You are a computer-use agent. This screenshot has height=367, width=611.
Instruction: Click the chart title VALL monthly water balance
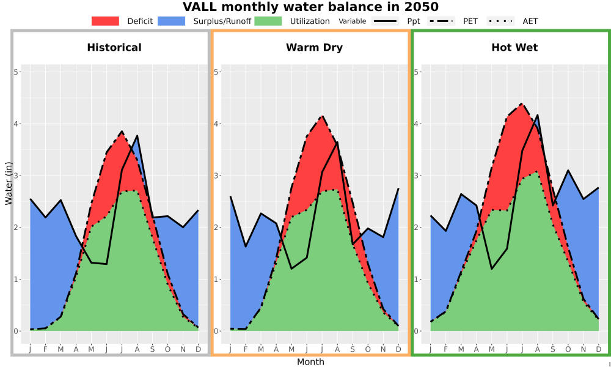(x=310, y=7)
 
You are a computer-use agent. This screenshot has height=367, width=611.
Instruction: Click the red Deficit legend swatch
(x=105, y=21)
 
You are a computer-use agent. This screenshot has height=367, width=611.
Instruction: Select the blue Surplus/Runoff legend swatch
(x=172, y=21)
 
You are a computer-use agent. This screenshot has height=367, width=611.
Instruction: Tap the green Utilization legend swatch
(x=268, y=21)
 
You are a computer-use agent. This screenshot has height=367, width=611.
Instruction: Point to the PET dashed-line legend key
(x=441, y=21)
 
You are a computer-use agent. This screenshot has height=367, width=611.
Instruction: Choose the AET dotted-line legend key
(x=500, y=21)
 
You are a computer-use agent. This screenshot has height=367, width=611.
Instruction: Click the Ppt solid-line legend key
(x=385, y=21)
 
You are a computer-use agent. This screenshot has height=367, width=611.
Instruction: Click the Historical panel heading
(x=114, y=48)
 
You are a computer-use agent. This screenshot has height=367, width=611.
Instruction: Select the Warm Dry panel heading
(x=315, y=48)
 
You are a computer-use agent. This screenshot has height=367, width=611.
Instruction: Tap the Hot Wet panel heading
(x=514, y=48)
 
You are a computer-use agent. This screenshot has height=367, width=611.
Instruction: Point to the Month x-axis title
(x=310, y=362)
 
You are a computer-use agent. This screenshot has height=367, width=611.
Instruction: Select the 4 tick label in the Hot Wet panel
(x=415, y=124)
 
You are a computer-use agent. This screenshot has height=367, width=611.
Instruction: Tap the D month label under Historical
(x=199, y=349)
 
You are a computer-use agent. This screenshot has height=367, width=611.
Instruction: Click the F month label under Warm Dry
(x=246, y=349)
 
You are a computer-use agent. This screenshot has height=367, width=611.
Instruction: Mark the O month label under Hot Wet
(x=568, y=349)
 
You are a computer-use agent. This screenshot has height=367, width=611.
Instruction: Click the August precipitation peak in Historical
(x=137, y=135)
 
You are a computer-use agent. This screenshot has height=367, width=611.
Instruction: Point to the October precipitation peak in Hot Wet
(x=568, y=170)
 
